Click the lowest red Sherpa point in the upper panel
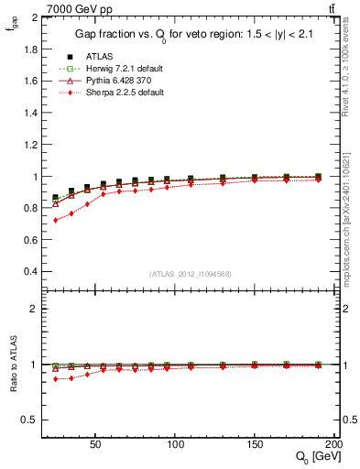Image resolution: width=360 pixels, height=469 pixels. click(x=55, y=220)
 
